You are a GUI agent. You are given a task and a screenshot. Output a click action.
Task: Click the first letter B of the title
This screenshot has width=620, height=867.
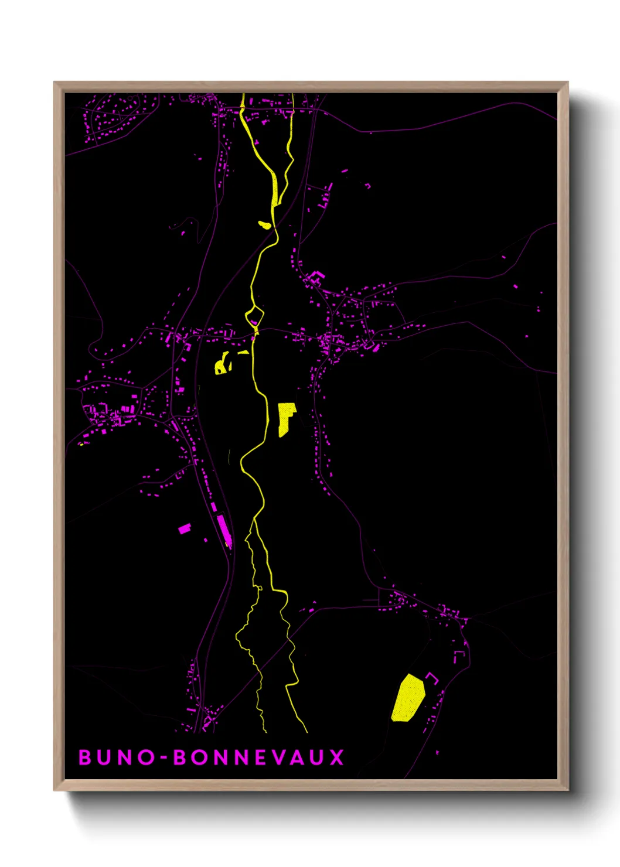[x=86, y=757]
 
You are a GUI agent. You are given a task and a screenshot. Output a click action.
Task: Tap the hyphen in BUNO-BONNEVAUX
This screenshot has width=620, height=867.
[x=164, y=758]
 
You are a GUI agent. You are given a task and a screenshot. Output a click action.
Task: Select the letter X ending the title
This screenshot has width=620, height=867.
[x=336, y=757]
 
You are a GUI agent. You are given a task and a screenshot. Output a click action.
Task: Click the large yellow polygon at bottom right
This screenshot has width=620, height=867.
[x=407, y=698]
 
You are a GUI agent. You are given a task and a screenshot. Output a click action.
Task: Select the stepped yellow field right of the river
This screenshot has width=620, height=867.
[x=285, y=418]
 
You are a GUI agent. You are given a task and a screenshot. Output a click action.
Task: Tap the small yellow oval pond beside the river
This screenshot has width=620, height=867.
[x=265, y=224]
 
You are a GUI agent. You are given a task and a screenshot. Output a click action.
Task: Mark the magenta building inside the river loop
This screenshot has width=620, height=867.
[x=254, y=322]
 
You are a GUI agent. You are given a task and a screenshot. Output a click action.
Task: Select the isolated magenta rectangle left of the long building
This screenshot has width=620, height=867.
[x=185, y=528]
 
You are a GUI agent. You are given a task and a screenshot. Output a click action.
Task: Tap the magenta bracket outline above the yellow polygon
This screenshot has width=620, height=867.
[x=432, y=678]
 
